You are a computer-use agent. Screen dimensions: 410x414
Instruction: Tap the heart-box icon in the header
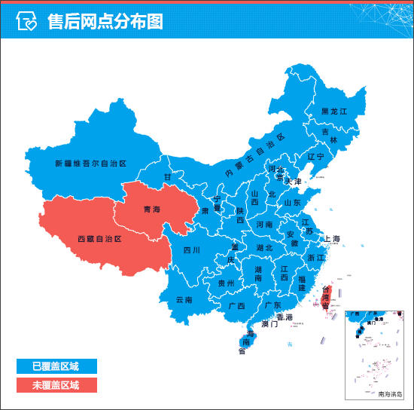point(26,22)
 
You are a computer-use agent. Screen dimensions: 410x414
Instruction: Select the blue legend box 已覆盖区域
point(56,366)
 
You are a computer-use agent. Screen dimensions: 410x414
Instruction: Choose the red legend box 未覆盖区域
point(56,384)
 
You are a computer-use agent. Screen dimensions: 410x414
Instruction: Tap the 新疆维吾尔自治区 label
point(90,163)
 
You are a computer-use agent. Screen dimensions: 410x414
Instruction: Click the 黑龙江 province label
point(333,111)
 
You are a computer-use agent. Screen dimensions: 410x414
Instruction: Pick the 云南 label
point(184,299)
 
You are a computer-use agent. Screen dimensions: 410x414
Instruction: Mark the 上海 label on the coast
point(332,239)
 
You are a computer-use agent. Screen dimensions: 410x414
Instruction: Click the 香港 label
point(284,317)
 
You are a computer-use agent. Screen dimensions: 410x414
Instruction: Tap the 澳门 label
point(269,324)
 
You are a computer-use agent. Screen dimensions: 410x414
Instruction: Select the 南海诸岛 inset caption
point(390,393)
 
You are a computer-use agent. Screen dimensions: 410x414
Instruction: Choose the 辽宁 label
point(315,157)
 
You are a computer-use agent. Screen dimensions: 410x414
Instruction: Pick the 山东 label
point(292,203)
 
